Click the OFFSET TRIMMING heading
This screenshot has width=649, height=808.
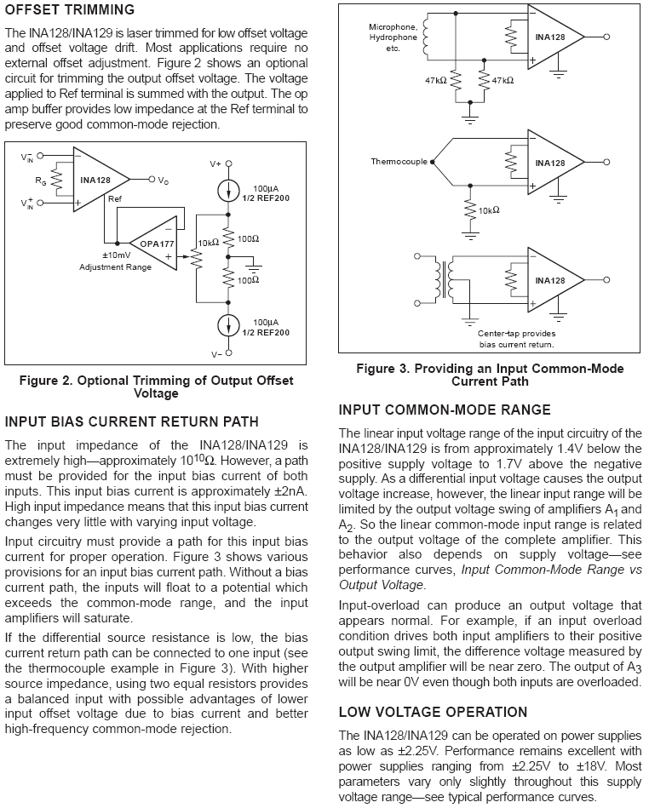click(x=70, y=10)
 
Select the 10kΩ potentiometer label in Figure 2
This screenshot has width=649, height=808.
click(x=208, y=243)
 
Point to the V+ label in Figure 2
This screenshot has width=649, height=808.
click(x=215, y=163)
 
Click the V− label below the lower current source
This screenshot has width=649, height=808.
click(x=215, y=353)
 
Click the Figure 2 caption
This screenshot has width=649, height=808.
click(x=156, y=387)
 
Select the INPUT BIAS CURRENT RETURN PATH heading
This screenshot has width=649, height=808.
click(x=132, y=421)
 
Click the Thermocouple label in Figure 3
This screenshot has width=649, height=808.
click(x=398, y=161)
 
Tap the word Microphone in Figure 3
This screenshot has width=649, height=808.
click(x=393, y=27)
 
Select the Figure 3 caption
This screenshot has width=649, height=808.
click(x=490, y=375)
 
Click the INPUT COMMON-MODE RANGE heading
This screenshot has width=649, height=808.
click(x=445, y=410)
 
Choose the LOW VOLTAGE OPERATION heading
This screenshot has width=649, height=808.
click(x=433, y=712)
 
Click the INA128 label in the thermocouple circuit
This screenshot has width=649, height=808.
click(x=549, y=163)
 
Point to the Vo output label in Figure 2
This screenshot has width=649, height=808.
click(x=163, y=180)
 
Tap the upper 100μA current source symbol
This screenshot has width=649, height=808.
click(x=227, y=189)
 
